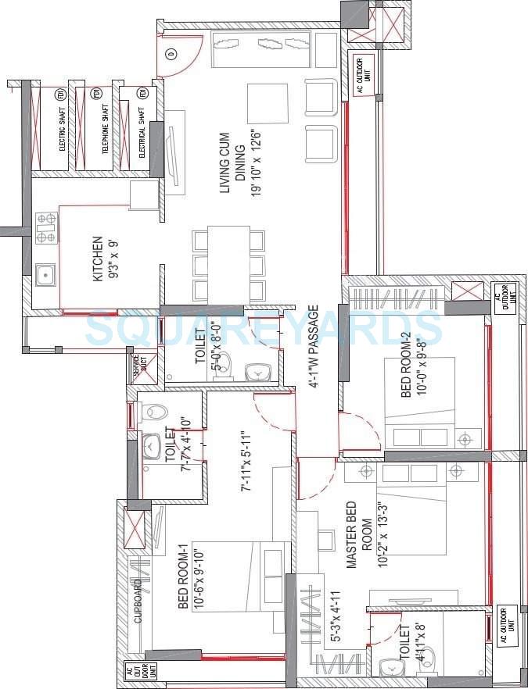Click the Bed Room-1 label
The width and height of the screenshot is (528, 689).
point(190,577)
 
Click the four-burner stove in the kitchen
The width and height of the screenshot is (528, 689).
point(46,227)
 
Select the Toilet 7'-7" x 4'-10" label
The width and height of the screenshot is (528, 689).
point(177,444)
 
